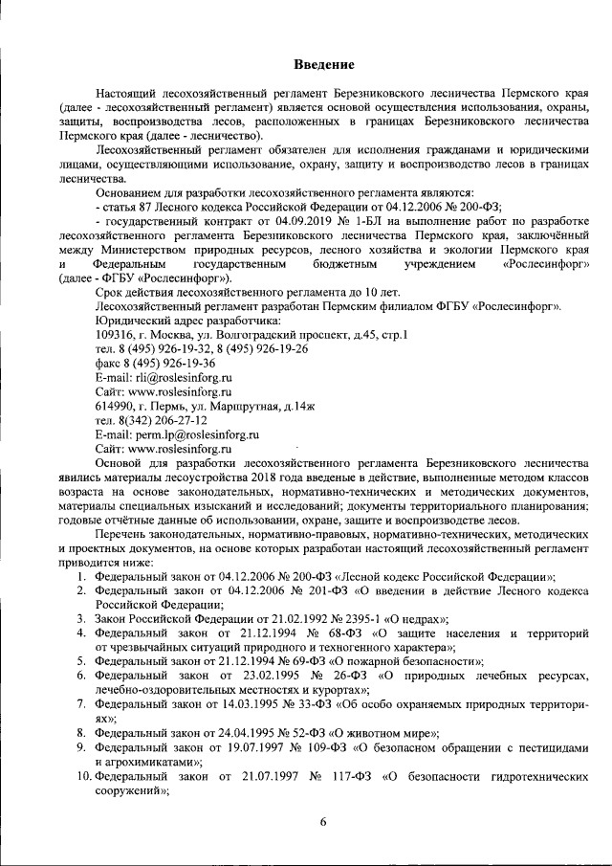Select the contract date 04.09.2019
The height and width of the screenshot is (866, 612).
pos(306,218)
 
